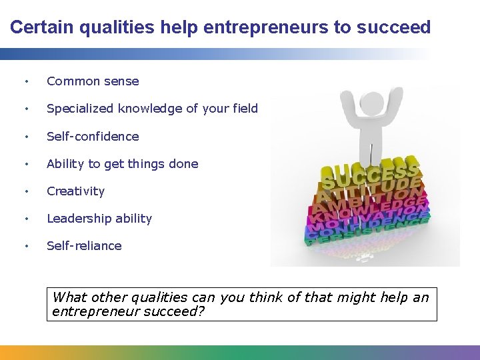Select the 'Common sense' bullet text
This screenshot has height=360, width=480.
pos(93,81)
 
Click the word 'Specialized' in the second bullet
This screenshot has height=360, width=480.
pos(80,109)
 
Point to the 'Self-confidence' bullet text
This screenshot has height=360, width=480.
pos(93,136)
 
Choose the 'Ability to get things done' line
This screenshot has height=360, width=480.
pos(122,163)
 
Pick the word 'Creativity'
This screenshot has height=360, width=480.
pos(75,191)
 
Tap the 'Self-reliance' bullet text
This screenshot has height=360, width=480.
pos(84,245)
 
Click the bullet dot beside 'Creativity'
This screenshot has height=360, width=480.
pos(25,191)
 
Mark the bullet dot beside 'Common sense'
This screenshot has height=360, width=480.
pos(25,82)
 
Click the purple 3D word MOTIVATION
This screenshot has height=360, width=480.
pos(367,219)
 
